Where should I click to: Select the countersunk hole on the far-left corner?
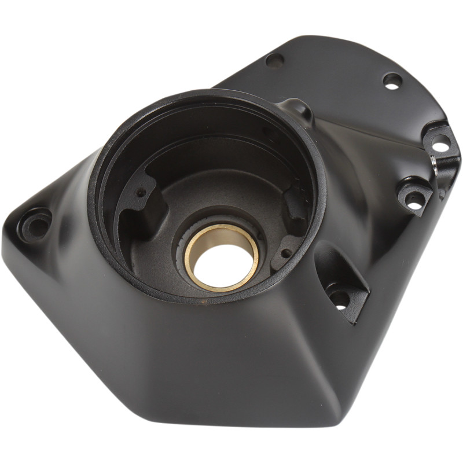(x=36, y=224)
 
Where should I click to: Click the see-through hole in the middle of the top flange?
(x=392, y=80)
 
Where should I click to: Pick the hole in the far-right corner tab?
(x=440, y=144)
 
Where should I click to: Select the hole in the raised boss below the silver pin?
(x=414, y=199)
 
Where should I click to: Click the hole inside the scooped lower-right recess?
(x=339, y=299)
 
